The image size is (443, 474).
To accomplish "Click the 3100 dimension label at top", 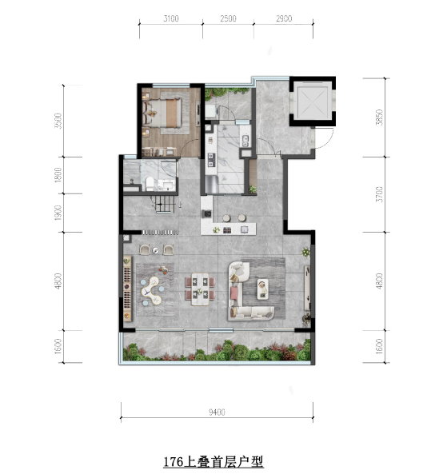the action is (x=171, y=18).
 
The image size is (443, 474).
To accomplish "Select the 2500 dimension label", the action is (x=228, y=18).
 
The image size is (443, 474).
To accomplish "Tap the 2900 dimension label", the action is (x=284, y=18).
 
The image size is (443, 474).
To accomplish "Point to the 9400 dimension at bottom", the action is (x=218, y=412).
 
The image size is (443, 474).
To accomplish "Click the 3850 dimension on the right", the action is (x=379, y=118).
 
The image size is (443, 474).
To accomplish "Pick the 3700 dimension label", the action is (x=379, y=194).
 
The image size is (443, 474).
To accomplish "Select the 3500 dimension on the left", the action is (x=58, y=121).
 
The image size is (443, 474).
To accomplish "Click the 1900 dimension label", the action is (x=58, y=213).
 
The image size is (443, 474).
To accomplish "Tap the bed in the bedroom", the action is (x=162, y=113).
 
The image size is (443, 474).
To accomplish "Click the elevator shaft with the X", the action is (x=313, y=102).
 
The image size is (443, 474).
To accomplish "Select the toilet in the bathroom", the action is (x=150, y=184).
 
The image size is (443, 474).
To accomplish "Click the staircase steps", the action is (x=165, y=205).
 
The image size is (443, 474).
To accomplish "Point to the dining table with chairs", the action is (x=200, y=289).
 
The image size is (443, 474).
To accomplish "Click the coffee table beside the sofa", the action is (x=263, y=289).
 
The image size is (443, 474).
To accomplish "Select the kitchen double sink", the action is (x=245, y=141).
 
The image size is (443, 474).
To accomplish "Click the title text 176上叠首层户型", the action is (x=214, y=461).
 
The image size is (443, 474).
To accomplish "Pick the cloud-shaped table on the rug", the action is (x=151, y=291).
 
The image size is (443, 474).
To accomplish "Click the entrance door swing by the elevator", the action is (x=324, y=139).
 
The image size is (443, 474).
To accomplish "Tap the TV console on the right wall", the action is (x=307, y=288).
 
